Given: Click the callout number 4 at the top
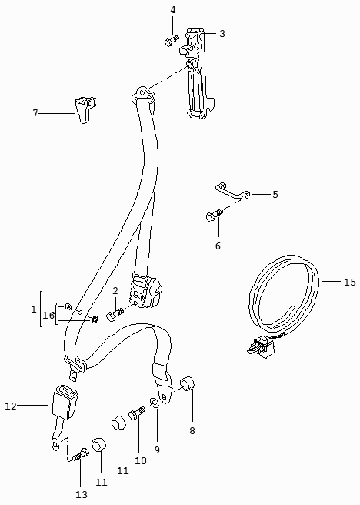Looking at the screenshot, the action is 173,10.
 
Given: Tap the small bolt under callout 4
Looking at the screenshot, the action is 172,41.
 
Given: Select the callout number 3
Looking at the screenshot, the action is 222,34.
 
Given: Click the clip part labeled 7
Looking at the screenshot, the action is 86,109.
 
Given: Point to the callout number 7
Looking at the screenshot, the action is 35,113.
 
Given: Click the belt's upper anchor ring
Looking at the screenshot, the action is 143,95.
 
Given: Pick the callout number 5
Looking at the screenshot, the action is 275,194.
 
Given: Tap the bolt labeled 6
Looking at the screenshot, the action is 214,215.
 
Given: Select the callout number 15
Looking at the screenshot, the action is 350,282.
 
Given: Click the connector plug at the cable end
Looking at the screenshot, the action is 261,346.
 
